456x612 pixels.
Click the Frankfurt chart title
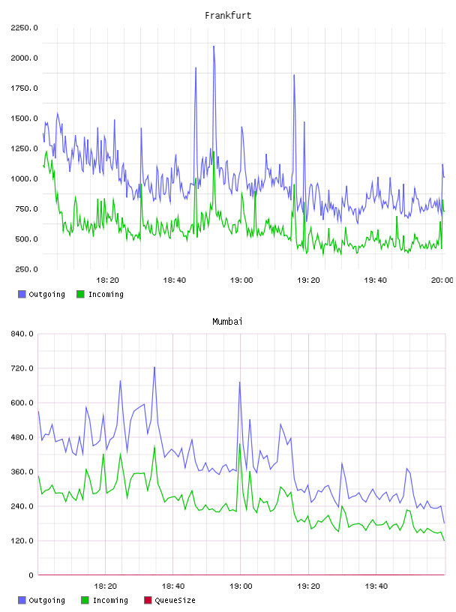point(228,16)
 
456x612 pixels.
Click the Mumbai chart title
point(227,322)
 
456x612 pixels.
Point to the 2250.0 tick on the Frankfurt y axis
point(24,28)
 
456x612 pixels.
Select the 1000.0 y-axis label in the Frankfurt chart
point(24,178)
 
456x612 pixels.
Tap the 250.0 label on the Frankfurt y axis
point(26,269)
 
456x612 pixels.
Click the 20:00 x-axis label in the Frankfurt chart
point(442,280)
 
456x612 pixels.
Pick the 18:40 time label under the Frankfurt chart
point(175,280)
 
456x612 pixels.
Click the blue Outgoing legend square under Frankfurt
point(22,294)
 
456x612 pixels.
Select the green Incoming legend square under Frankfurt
point(80,294)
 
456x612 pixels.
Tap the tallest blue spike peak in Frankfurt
point(214,46)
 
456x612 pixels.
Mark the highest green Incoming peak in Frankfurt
point(214,151)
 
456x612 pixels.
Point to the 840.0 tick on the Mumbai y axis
point(22,334)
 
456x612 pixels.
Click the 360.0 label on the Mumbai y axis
point(22,472)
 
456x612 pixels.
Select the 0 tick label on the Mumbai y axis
point(31,575)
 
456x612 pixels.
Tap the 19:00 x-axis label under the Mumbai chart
point(241,586)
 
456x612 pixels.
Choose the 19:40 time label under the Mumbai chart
point(376,586)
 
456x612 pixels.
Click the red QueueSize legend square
point(148,600)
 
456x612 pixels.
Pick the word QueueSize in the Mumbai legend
point(175,600)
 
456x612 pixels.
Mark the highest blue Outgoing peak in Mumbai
point(154,367)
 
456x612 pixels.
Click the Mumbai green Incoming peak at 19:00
point(240,444)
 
